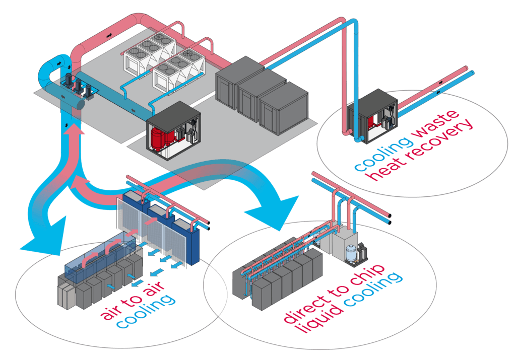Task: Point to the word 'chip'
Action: [368, 275]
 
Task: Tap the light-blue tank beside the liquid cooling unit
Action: [351, 252]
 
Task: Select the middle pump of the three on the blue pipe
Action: [78, 87]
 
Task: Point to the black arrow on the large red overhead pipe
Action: [109, 34]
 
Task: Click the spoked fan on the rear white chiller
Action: [159, 37]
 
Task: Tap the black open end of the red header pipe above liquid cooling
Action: [390, 216]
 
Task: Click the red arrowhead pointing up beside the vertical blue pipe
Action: [76, 128]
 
